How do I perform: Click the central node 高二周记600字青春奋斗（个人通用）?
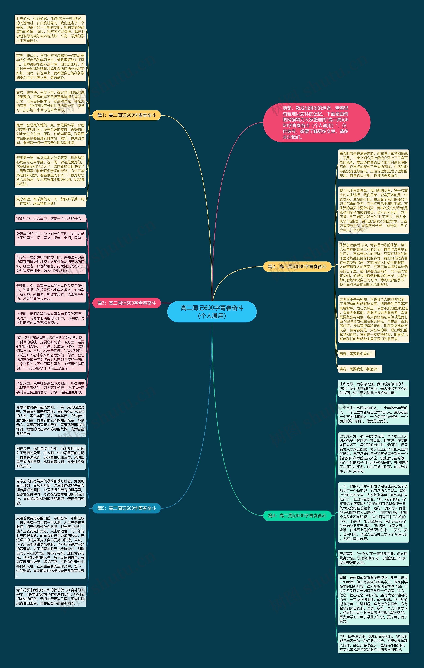pos(212,312)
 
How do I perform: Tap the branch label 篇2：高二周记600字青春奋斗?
pos(297,267)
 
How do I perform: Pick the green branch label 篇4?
pos(297,515)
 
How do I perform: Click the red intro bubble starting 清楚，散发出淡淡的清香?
pos(316,122)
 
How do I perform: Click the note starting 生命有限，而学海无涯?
pos(373,388)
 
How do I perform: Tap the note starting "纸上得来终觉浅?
pos(373,643)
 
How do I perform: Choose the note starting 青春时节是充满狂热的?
pos(373,165)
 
